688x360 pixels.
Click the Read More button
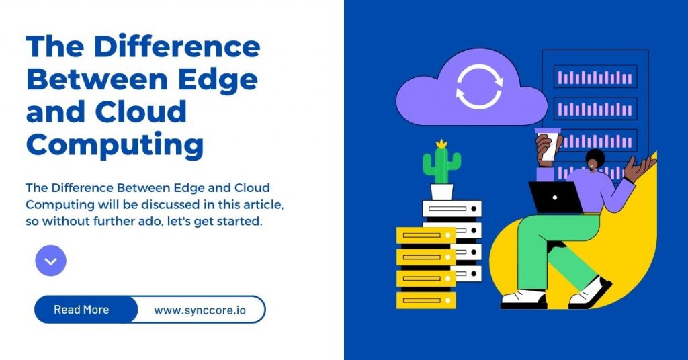pos(82,310)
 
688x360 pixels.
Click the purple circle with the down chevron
pos(50,261)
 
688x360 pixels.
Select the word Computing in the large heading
pos(114,144)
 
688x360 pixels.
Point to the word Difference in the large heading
pos(176,47)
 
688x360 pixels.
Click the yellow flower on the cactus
pos(441,144)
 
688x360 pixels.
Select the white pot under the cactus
pos(441,191)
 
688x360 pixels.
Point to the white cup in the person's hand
pos(549,144)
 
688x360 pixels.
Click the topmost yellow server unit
pos(426,235)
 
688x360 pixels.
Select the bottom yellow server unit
pos(426,300)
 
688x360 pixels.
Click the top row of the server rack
pos(595,77)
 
